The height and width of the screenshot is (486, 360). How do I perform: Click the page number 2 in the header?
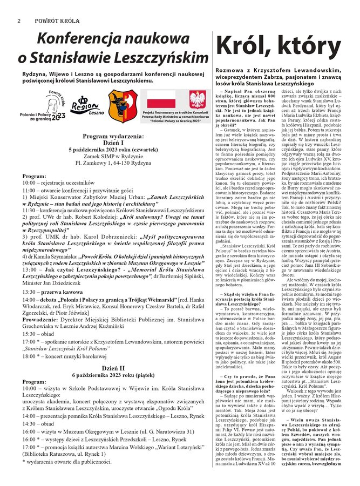pos(19,21)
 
